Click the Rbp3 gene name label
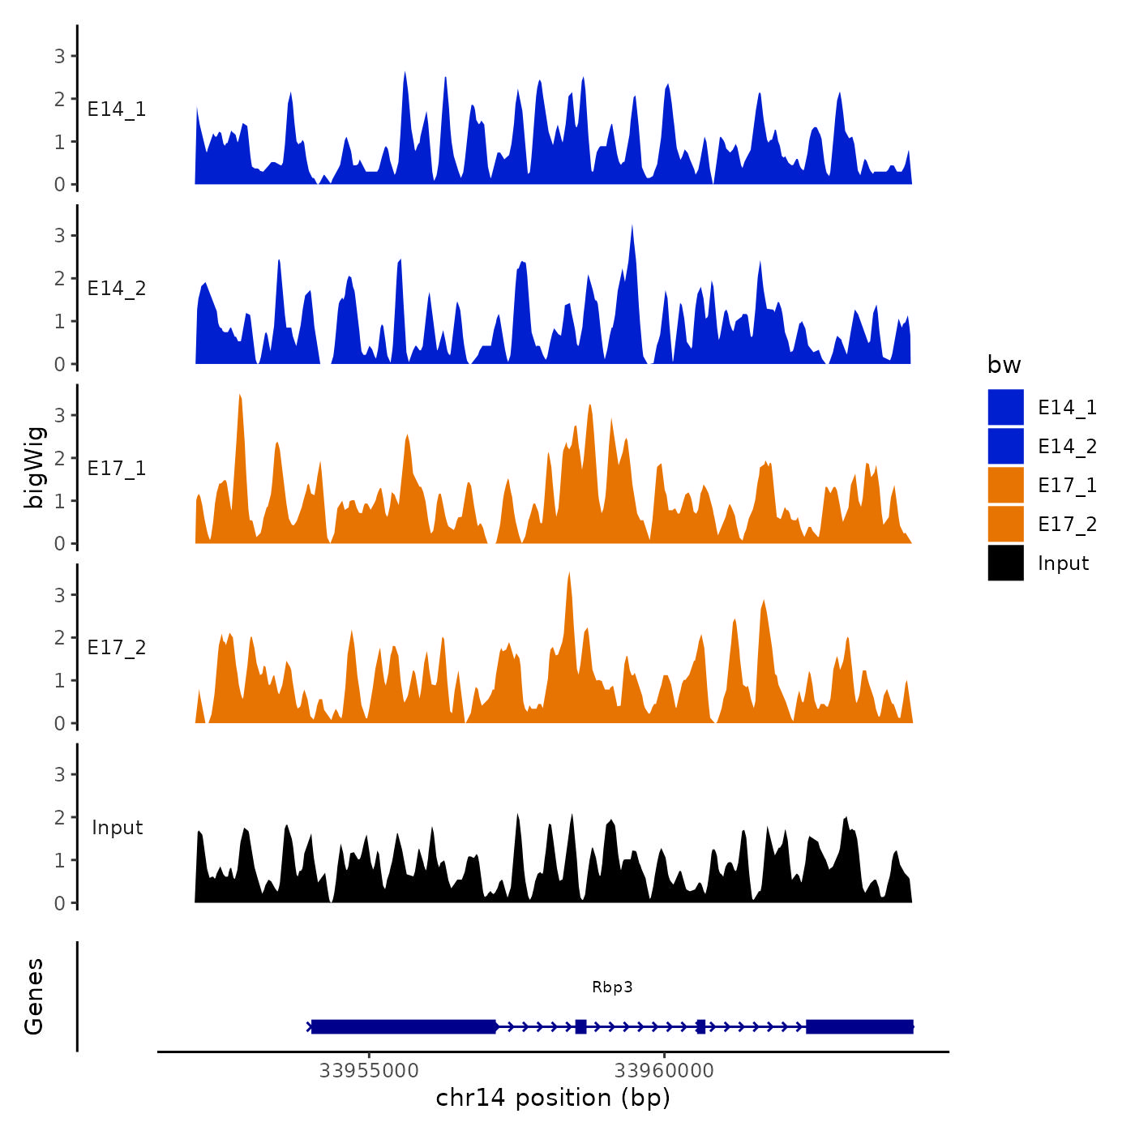[612, 987]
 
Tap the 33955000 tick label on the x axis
[369, 1070]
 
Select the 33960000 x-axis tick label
[664, 1070]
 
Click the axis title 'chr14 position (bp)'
[553, 1098]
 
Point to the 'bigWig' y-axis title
[35, 468]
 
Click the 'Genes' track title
[34, 996]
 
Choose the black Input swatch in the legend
[1005, 563]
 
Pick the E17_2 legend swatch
[1005, 524]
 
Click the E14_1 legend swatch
[1005, 407]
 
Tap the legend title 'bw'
[1004, 365]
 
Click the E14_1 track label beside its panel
[117, 109]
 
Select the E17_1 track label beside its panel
[117, 469]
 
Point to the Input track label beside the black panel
[117, 828]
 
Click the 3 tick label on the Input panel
[59, 774]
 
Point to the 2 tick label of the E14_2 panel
[59, 278]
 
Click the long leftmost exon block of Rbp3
[403, 1026]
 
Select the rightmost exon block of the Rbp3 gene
[859, 1026]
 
